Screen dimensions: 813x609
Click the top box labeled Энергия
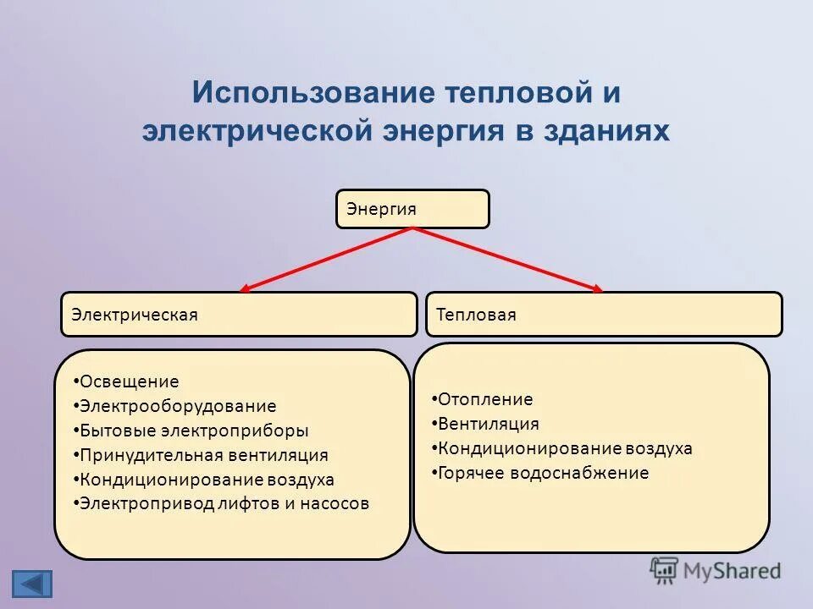point(412,209)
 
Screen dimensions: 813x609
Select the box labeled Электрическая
point(239,315)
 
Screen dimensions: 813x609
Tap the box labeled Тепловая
point(603,315)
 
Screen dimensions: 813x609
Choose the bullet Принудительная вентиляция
point(203,455)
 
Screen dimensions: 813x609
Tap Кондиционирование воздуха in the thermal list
point(564,448)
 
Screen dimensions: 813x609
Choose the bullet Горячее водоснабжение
point(542,473)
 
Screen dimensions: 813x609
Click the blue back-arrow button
point(32,584)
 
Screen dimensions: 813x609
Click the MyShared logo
point(716,571)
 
